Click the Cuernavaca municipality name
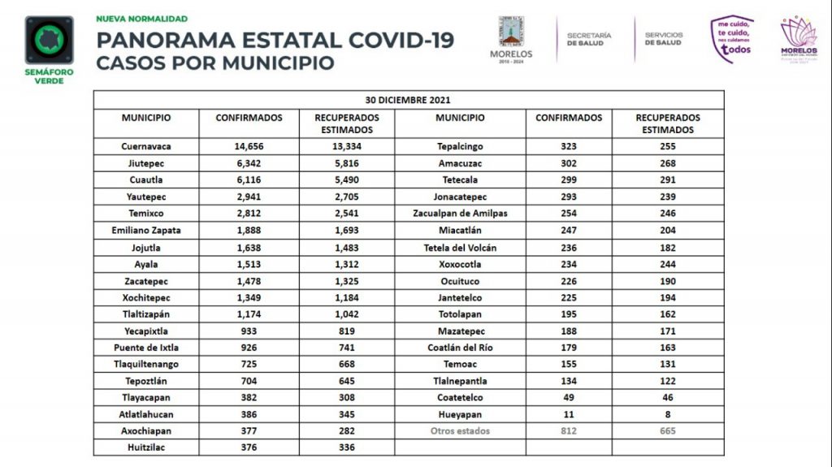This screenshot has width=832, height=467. pyautogui.click(x=146, y=146)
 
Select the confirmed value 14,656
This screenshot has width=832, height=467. pyautogui.click(x=249, y=146)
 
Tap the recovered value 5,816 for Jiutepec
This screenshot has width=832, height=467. pyautogui.click(x=346, y=163)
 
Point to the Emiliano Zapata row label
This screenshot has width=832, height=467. pyautogui.click(x=146, y=231)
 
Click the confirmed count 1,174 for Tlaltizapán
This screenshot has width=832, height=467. pyautogui.click(x=249, y=314)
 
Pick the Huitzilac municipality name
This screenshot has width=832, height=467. pyautogui.click(x=146, y=448)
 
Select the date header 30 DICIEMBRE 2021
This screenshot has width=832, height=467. pyautogui.click(x=408, y=100)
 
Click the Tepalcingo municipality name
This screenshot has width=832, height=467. pyautogui.click(x=460, y=146)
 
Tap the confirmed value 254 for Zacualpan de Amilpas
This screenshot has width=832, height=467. pyautogui.click(x=569, y=214)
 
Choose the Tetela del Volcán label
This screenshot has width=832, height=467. pyautogui.click(x=460, y=248)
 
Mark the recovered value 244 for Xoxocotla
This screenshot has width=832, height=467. pyautogui.click(x=668, y=264)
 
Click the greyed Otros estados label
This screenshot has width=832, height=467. pyautogui.click(x=460, y=431)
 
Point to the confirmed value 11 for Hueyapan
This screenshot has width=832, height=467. pyautogui.click(x=569, y=414)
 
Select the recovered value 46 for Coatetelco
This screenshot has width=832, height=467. pyautogui.click(x=668, y=397)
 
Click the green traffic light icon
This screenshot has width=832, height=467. pyautogui.click(x=50, y=41)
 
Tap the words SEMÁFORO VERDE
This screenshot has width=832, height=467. pyautogui.click(x=50, y=76)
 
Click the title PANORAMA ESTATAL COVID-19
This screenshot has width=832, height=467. pyautogui.click(x=275, y=41)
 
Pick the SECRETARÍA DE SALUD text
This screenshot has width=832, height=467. pyautogui.click(x=589, y=39)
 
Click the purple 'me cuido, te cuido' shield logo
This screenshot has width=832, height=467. pyautogui.click(x=732, y=39)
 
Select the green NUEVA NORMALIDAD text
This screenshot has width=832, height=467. pyautogui.click(x=141, y=19)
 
